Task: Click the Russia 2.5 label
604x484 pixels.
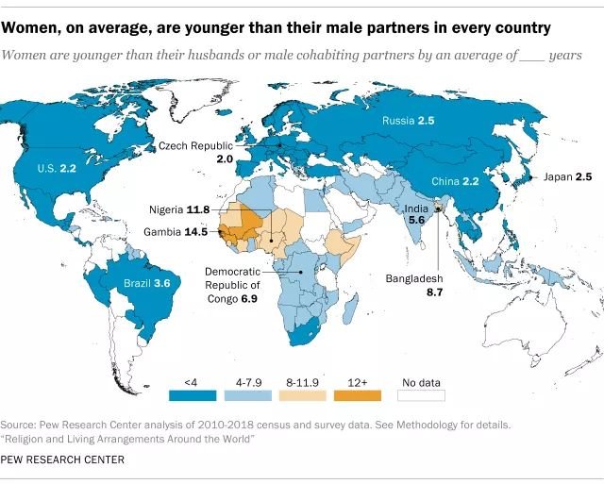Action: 408,122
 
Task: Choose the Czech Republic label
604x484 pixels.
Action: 195,147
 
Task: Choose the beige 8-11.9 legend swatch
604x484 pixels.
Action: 306,396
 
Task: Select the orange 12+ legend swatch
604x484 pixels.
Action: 364,396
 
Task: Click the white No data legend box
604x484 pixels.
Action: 422,396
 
